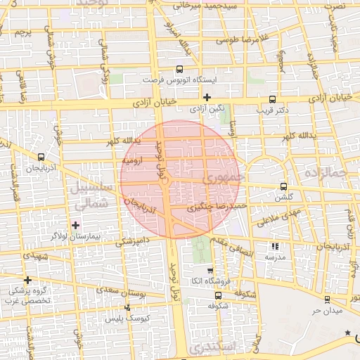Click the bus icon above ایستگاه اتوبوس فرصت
(x=180, y=70)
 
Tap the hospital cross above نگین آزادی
(x=207, y=97)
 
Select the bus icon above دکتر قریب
(x=272, y=99)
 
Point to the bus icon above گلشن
(x=283, y=187)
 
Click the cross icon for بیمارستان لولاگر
(x=76, y=224)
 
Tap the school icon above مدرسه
(x=275, y=246)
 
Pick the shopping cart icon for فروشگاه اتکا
(x=210, y=271)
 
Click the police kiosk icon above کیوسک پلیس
(x=127, y=307)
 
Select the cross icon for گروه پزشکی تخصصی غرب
(x=27, y=280)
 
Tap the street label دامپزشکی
(x=132, y=240)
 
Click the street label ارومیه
(x=134, y=160)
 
